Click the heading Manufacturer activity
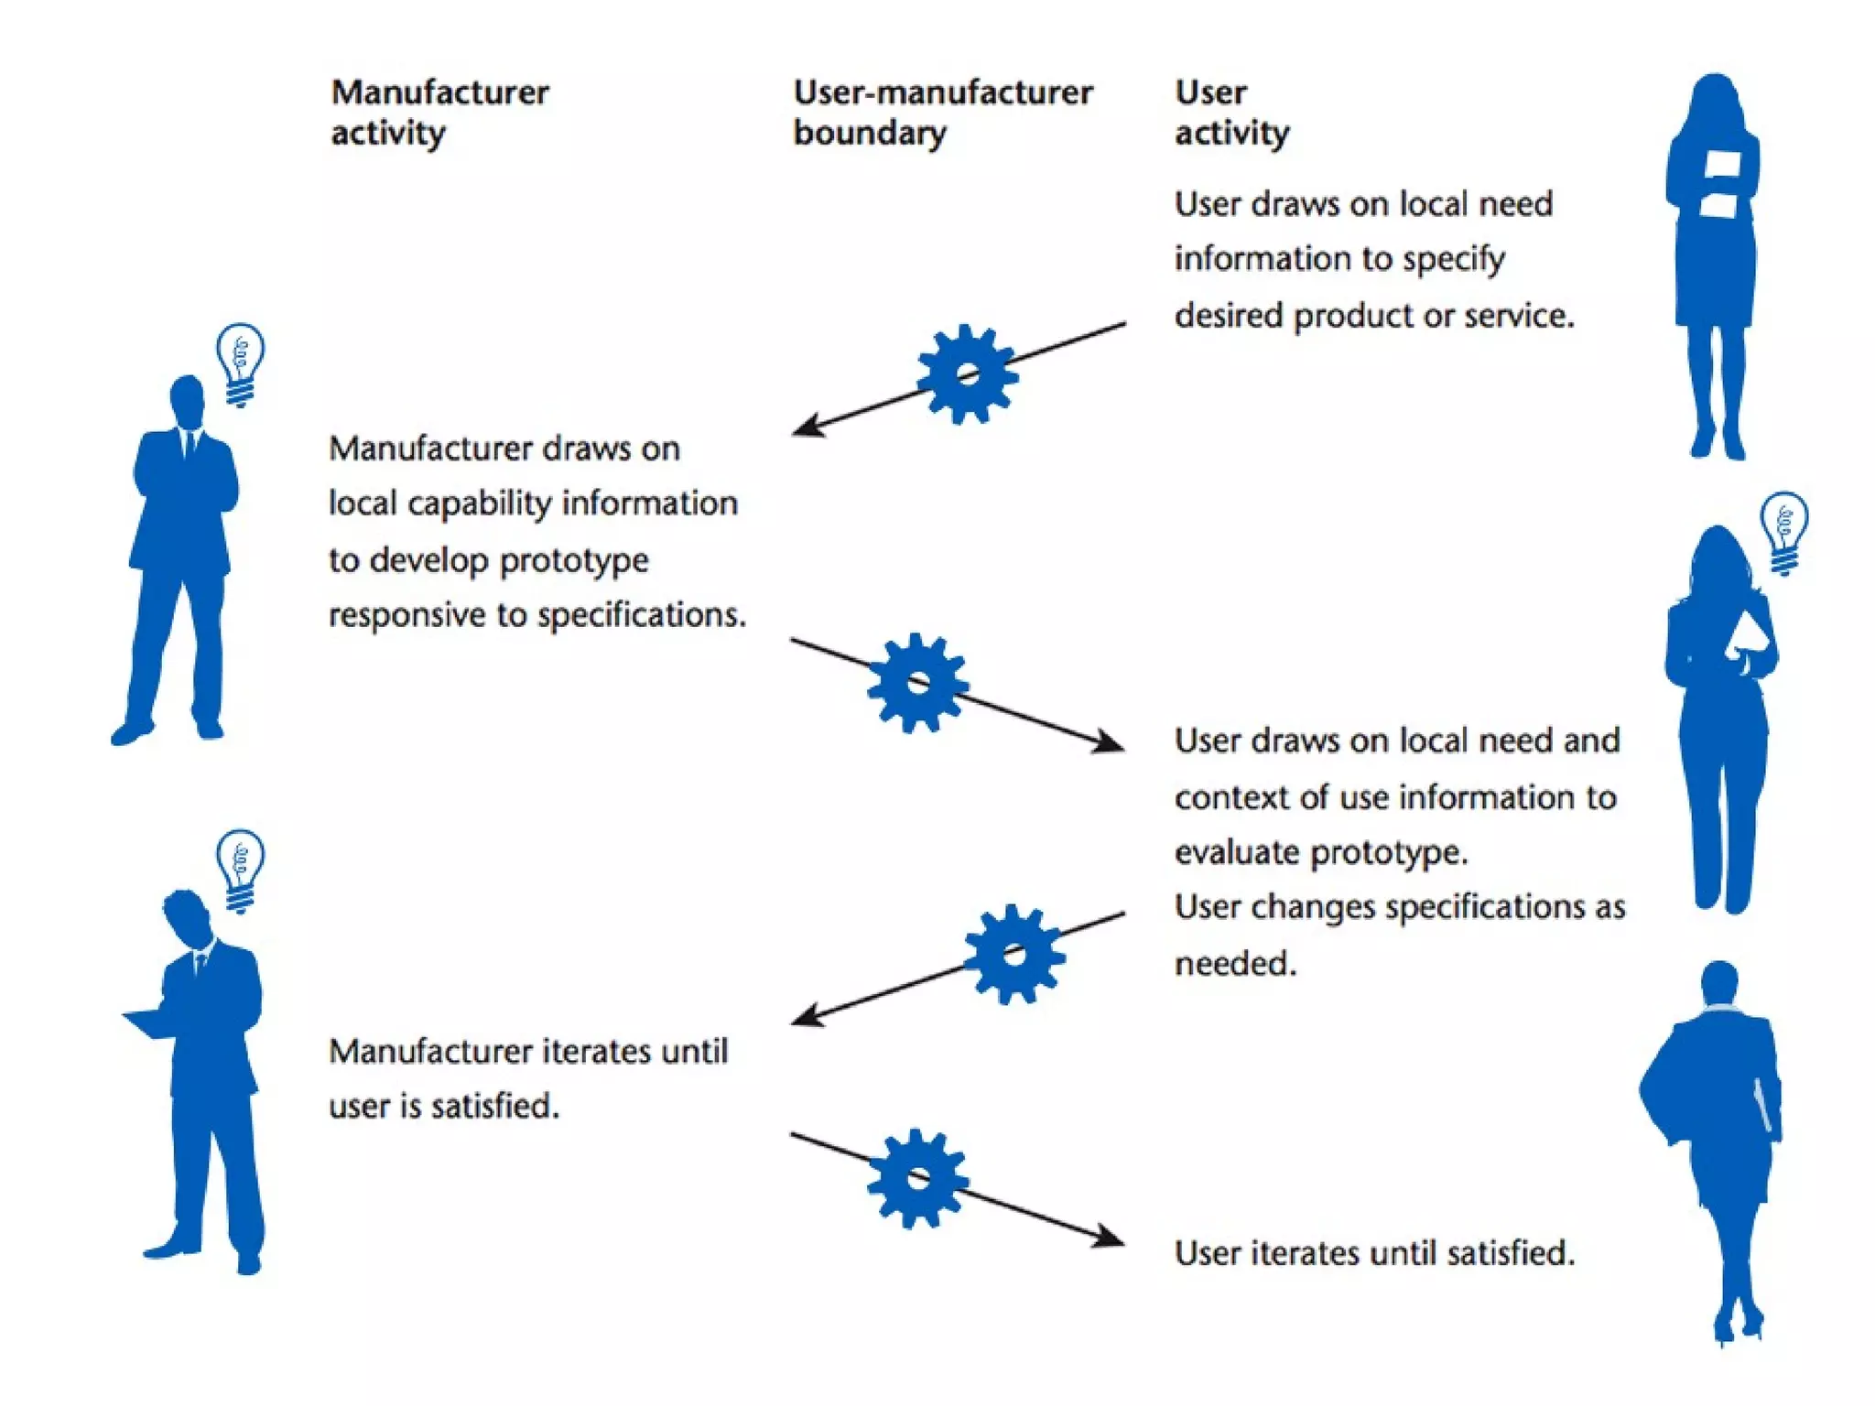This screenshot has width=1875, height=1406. coord(439,112)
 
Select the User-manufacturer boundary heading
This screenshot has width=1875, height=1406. coord(942,112)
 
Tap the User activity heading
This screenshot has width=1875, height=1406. coord(1231,112)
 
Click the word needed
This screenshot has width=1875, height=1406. coord(1235,964)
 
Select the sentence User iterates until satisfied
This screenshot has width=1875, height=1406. coord(1374,1252)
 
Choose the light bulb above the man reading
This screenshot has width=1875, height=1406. coord(240,869)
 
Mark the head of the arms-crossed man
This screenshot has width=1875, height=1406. coord(188,399)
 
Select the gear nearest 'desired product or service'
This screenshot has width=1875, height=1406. coord(967,373)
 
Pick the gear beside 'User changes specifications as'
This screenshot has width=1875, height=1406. coord(1013,955)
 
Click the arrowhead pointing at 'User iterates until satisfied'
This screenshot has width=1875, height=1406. coord(1111,1238)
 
